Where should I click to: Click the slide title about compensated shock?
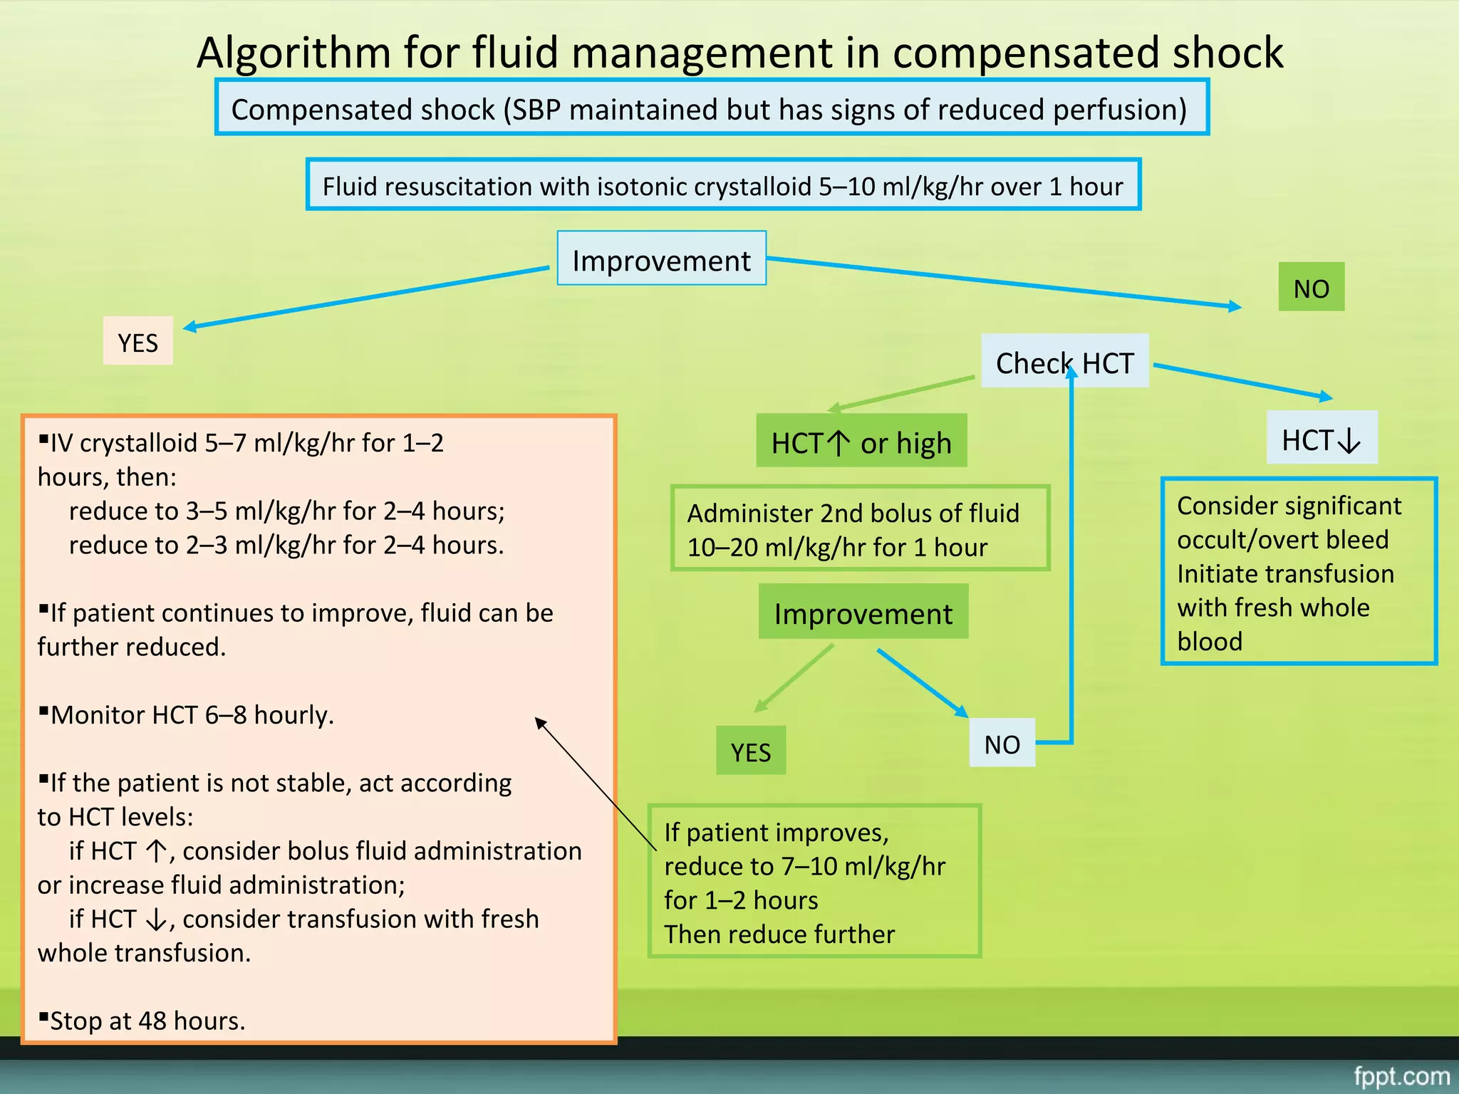(739, 53)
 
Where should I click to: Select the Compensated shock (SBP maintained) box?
(712, 108)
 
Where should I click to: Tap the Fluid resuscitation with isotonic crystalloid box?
(723, 185)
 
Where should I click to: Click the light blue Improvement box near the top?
(661, 259)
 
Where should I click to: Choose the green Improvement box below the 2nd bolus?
(863, 613)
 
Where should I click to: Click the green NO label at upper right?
(1311, 288)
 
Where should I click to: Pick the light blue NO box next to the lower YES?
(1002, 744)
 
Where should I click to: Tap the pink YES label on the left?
(137, 342)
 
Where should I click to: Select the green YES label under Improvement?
(750, 751)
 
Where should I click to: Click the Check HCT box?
(1064, 363)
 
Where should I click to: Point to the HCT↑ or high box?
(861, 442)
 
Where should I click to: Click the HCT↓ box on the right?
(1322, 439)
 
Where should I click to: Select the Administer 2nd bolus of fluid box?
(860, 529)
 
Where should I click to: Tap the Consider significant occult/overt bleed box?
(1298, 572)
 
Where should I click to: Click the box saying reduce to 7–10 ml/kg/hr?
(814, 882)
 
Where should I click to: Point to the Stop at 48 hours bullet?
(146, 1021)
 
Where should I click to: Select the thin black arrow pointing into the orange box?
(595, 783)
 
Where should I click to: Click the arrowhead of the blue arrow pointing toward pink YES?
(189, 327)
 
